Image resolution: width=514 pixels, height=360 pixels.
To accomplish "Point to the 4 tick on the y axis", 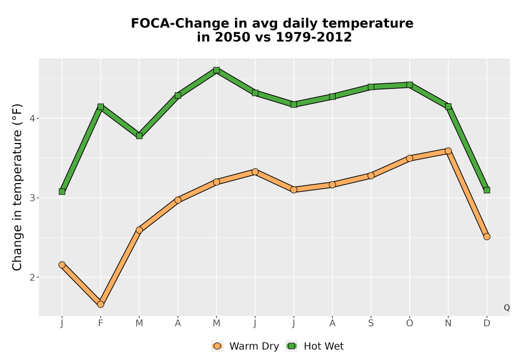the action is tap(32, 118).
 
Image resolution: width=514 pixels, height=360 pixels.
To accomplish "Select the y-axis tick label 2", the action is tap(32, 277).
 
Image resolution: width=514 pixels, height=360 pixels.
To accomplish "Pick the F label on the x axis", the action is tap(101, 323).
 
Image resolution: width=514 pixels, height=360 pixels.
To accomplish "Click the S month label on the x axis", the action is tap(371, 323).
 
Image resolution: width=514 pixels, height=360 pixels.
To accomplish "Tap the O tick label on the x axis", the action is tap(410, 323).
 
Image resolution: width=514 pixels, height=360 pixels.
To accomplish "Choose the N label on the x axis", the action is tap(448, 323).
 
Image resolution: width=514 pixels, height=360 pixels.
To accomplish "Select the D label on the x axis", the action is tap(487, 323).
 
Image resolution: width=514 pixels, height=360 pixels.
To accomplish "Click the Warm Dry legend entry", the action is tap(245, 346).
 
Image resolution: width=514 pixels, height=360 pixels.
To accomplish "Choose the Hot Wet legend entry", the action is tap(315, 346).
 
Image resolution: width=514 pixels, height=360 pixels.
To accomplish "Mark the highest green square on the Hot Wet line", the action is tap(216, 70).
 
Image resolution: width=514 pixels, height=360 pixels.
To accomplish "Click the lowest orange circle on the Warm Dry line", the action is tap(101, 304).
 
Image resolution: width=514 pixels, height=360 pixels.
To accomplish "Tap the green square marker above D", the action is tap(487, 190).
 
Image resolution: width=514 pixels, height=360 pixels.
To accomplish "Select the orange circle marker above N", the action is tap(448, 151).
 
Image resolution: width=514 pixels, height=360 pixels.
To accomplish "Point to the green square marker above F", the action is tap(101, 106).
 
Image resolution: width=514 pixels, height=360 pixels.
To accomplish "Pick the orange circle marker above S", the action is tap(371, 176).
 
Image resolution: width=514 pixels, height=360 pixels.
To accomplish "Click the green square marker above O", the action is tap(410, 85).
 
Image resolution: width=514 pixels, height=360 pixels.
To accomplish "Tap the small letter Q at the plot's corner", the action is tap(507, 308).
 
